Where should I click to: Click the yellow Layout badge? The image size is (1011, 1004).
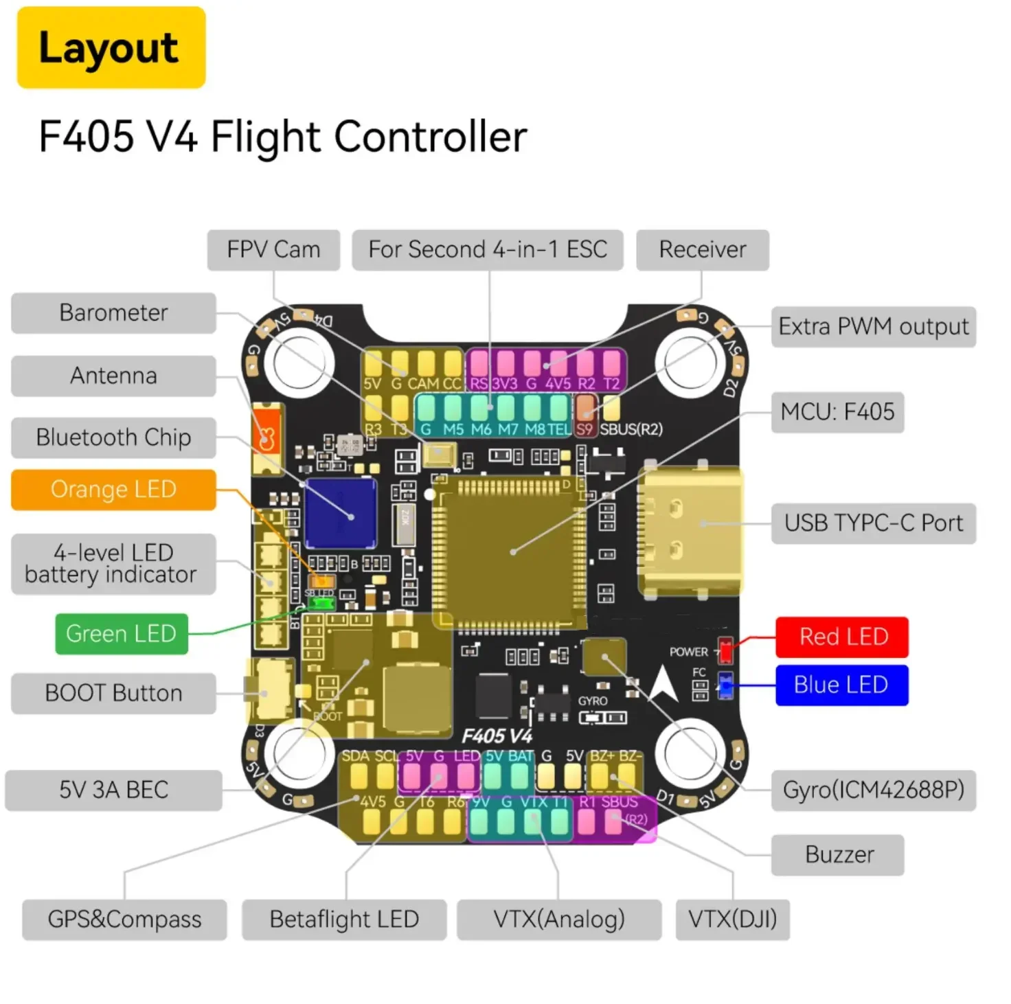111,47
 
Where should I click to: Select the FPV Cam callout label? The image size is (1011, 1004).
273,250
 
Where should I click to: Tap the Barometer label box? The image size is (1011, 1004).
113,313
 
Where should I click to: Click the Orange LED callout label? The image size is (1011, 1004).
113,490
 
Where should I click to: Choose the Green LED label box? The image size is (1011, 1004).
121,633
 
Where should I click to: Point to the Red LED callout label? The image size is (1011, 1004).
842,637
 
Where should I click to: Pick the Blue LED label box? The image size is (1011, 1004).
841,685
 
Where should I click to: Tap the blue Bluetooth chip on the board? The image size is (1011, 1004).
341,512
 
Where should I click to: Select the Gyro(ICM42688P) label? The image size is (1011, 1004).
873,790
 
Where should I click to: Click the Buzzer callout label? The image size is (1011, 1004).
838,855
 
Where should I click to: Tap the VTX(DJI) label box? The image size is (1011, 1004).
732,920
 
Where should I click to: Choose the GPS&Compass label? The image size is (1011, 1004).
124,920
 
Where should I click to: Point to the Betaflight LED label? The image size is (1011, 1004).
344,920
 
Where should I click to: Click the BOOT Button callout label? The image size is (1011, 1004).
113,694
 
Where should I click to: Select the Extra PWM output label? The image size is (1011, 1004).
873,327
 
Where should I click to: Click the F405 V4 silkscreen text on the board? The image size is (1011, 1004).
497,737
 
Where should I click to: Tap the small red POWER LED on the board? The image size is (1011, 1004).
725,649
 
